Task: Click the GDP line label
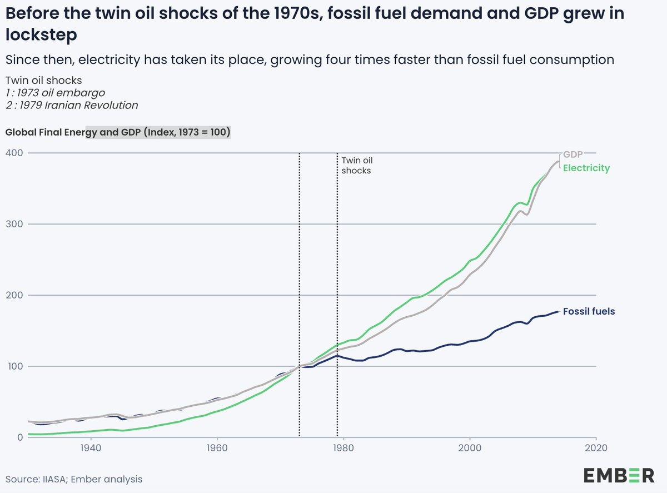coord(573,155)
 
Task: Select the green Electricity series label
coord(586,168)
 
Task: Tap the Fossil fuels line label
coord(589,312)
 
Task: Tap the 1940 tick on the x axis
coord(90,447)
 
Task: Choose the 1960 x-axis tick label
coord(217,447)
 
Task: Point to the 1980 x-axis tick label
coord(344,447)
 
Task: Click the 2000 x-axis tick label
coord(470,447)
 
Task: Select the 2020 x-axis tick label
coord(596,447)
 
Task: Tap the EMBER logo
coord(619,476)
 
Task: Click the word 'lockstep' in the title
coord(41,34)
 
